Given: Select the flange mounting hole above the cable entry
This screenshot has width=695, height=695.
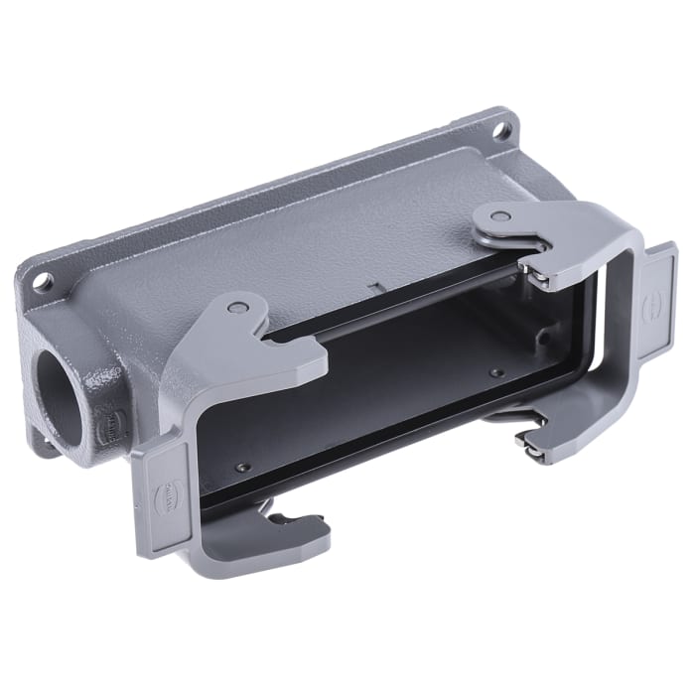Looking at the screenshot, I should click(42, 281).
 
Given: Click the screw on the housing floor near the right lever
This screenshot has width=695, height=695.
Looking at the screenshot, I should click(495, 373).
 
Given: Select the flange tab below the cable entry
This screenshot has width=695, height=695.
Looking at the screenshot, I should click(42, 444).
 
